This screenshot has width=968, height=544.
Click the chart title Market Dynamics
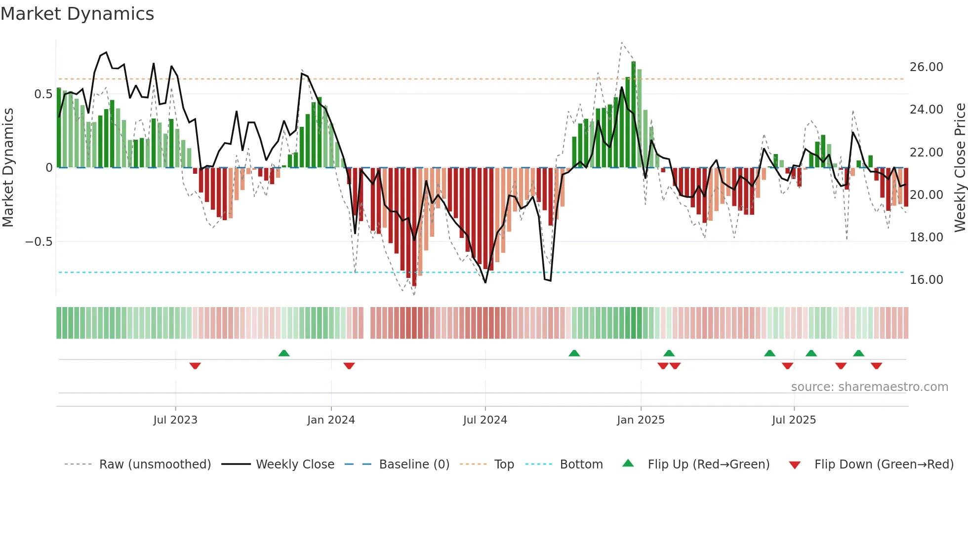[77, 14]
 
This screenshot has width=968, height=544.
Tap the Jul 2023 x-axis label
[175, 420]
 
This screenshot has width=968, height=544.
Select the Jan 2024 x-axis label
[331, 420]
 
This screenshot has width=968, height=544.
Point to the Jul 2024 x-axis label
[485, 420]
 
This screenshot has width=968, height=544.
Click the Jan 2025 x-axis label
[641, 420]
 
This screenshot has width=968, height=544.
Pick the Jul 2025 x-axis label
[794, 420]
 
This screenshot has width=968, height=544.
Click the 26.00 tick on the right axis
[926, 67]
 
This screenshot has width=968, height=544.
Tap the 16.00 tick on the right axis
[926, 280]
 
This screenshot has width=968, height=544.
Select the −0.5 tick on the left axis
[39, 242]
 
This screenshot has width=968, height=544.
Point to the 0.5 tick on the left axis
[43, 94]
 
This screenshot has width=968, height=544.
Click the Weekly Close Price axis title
[960, 167]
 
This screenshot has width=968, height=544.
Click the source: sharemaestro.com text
[869, 387]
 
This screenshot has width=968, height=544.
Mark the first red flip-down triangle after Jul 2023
[195, 366]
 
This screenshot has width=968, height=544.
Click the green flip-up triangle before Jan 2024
[284, 353]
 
